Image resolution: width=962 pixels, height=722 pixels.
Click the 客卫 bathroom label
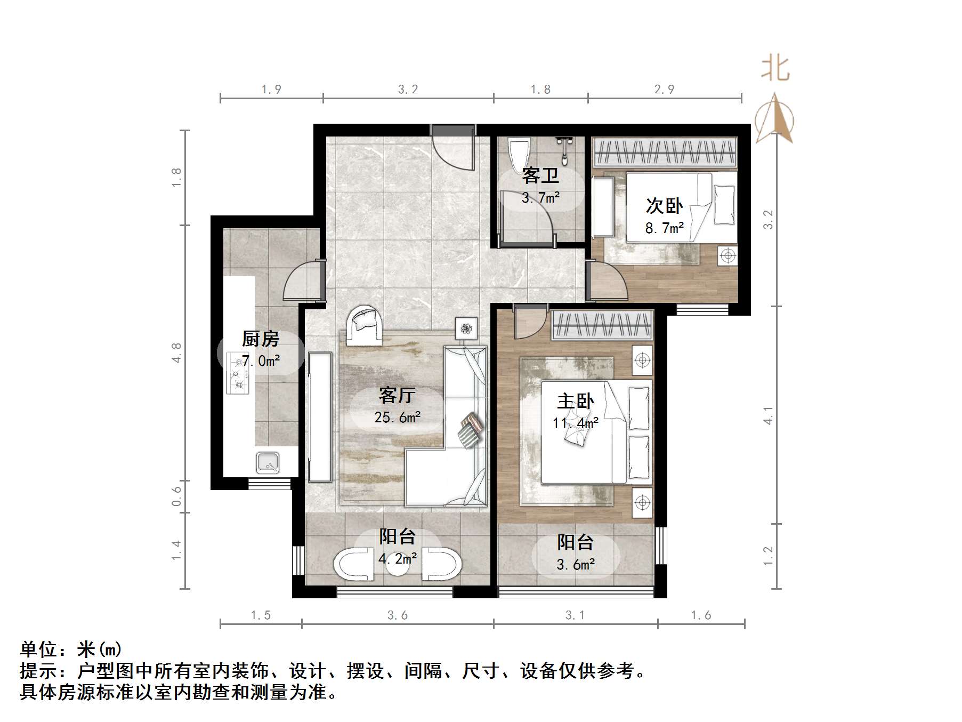(x=540, y=175)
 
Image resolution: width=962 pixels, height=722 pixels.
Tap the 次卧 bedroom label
(x=664, y=206)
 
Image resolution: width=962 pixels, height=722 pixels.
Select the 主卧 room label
(x=575, y=401)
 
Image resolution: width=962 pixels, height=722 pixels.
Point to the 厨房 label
(x=260, y=339)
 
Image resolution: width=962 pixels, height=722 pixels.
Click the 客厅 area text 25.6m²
(x=397, y=418)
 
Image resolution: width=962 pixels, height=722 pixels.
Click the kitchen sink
(x=268, y=462)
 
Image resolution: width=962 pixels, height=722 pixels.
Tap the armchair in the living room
(x=365, y=322)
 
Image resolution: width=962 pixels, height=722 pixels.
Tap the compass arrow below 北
(x=775, y=118)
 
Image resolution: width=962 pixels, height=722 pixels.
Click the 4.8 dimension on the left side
(x=176, y=352)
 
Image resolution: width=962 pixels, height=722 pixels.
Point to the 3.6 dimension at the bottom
(x=397, y=615)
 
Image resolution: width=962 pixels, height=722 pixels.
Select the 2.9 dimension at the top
(x=664, y=90)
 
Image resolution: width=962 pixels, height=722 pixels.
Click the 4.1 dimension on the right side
(x=768, y=415)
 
